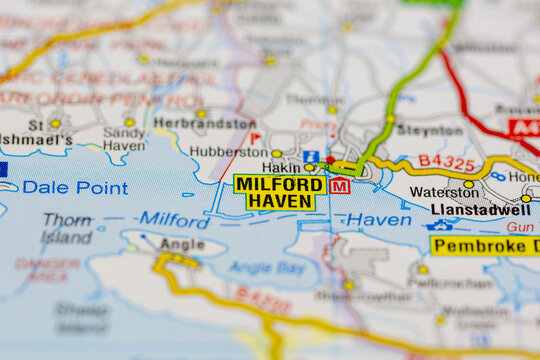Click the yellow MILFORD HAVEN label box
pyautogui.click(x=279, y=192)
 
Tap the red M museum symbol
pyautogui.click(x=340, y=186)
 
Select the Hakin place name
pyautogui.click(x=281, y=168)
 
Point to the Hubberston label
pyautogui.click(x=229, y=153)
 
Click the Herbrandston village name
pyautogui.click(x=204, y=123)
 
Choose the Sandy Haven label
pyautogui.click(x=124, y=138)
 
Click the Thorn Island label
pyautogui.click(x=67, y=228)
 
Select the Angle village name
pyautogui.click(x=182, y=243)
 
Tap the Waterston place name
pyautogui.click(x=438, y=192)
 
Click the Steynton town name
pyautogui.click(x=429, y=130)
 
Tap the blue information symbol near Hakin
pyautogui.click(x=311, y=157)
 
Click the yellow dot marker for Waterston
pyautogui.click(x=468, y=183)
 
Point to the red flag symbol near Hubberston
pyautogui.click(x=255, y=137)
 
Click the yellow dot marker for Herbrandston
pyautogui.click(x=201, y=113)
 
